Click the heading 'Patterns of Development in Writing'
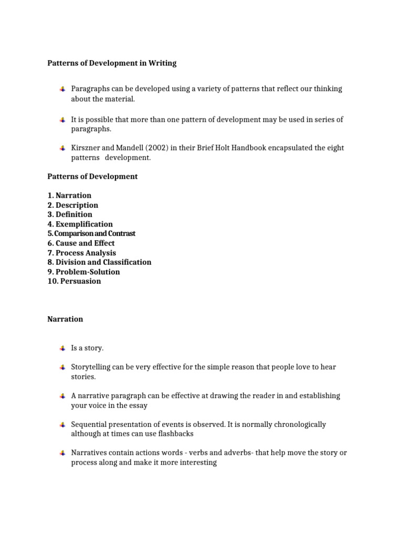[112, 63]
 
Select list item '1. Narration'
[69, 196]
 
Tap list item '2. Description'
[72, 205]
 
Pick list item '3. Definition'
[70, 214]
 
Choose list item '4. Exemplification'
[80, 224]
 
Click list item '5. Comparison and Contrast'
[91, 233]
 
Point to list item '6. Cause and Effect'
[81, 243]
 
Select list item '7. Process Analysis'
[82, 253]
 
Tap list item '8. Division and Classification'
[99, 262]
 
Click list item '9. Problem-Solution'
[83, 272]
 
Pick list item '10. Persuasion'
[74, 281]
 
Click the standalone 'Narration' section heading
[65, 319]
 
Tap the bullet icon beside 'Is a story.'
[62, 348]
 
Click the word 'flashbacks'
[176, 434]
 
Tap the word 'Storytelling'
[90, 367]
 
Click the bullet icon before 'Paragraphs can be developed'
[62, 89]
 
